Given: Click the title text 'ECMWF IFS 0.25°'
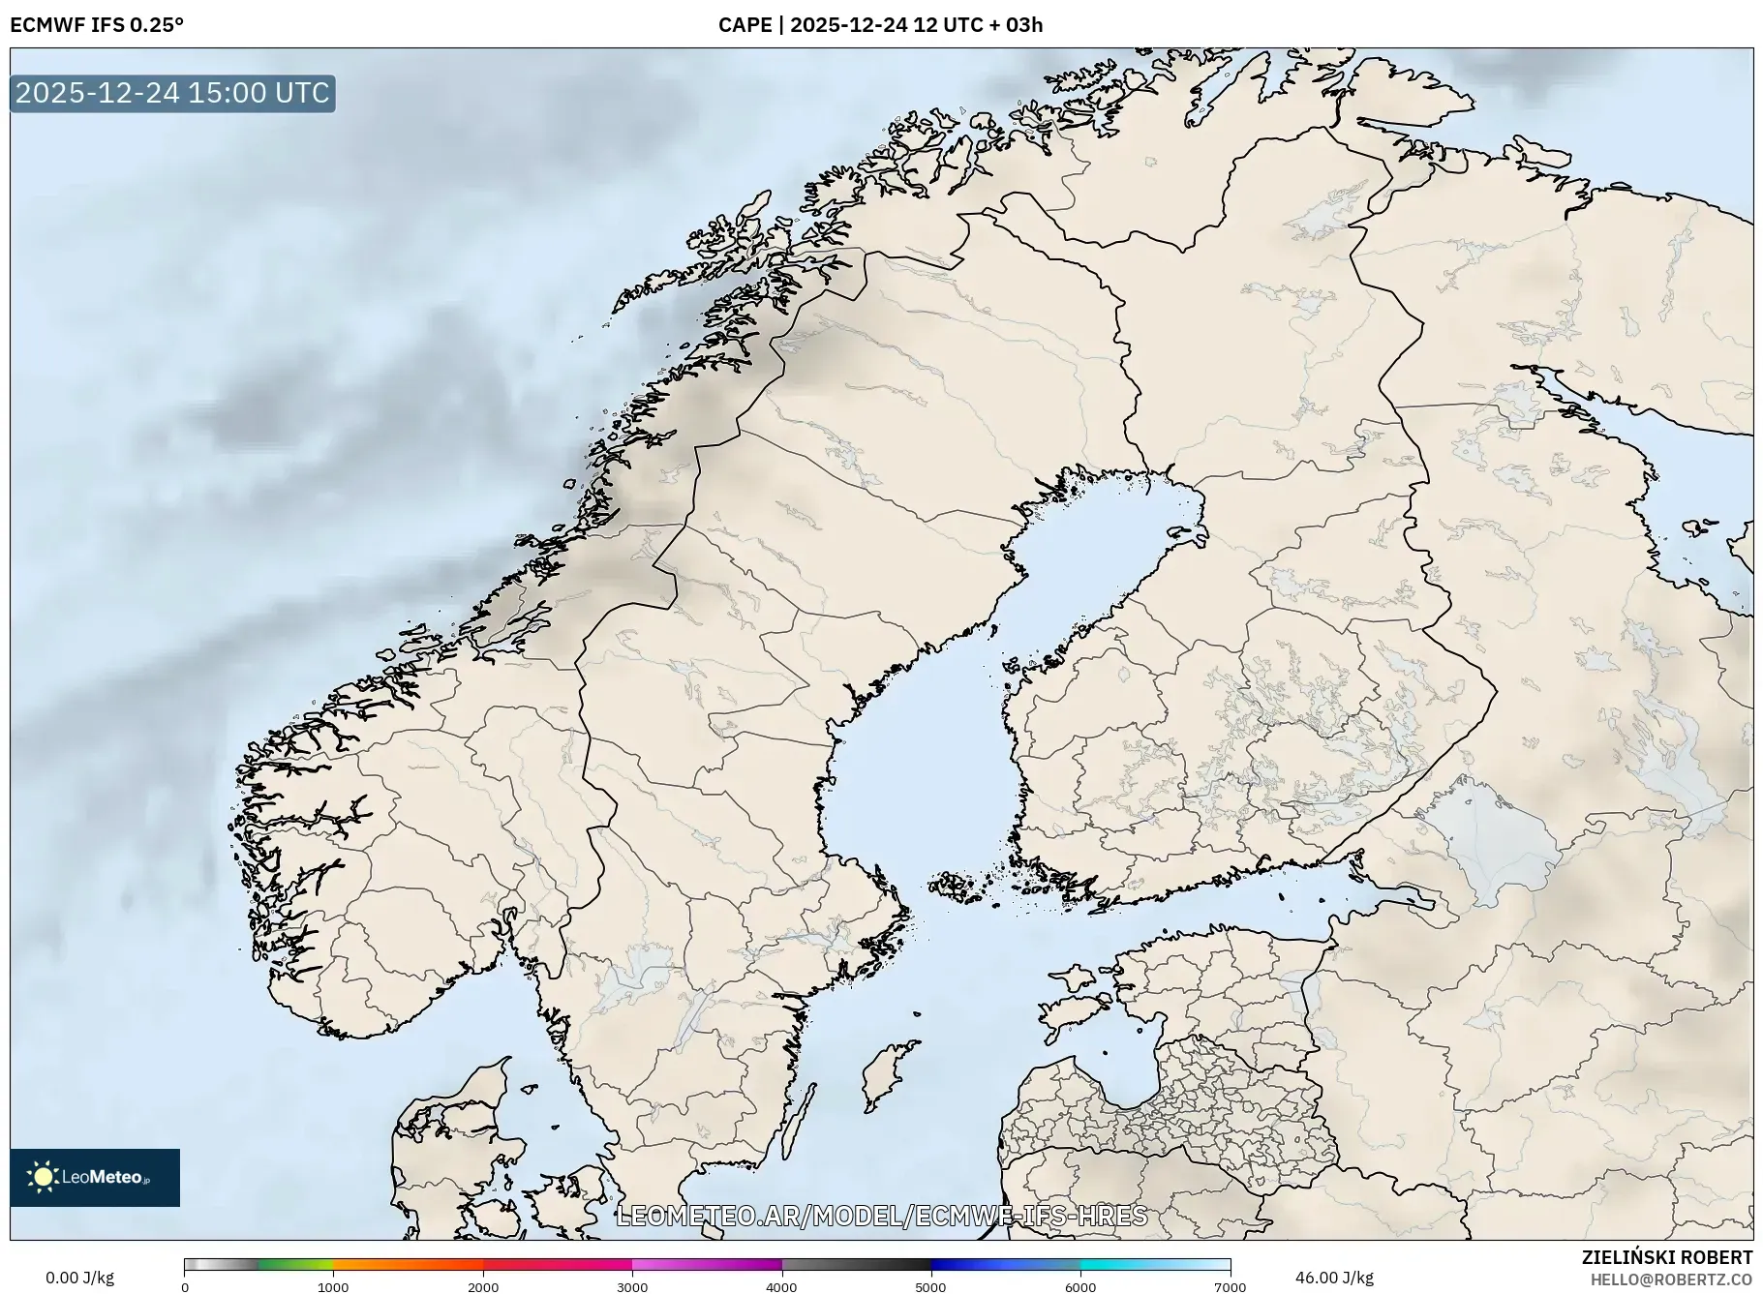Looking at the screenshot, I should (97, 25).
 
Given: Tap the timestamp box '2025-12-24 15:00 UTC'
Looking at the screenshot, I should (172, 93).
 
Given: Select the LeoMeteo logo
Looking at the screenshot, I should (95, 1177).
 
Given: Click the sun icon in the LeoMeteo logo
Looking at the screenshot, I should (43, 1177).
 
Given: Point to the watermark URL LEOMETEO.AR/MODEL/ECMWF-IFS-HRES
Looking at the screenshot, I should (881, 1216).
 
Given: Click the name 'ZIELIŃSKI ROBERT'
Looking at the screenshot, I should (1666, 1257).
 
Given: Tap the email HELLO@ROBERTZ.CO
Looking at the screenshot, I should (1671, 1279).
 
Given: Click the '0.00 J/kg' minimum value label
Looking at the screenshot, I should (79, 1278).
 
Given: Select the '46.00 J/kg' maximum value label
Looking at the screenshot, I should (1334, 1278).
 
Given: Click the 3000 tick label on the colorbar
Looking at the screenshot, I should (632, 1286).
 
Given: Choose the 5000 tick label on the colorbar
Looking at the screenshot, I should (930, 1286).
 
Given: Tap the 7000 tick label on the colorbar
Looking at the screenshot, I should (1230, 1286).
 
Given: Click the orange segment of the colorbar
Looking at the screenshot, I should (407, 1264).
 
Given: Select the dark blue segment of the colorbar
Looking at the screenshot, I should (968, 1264).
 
